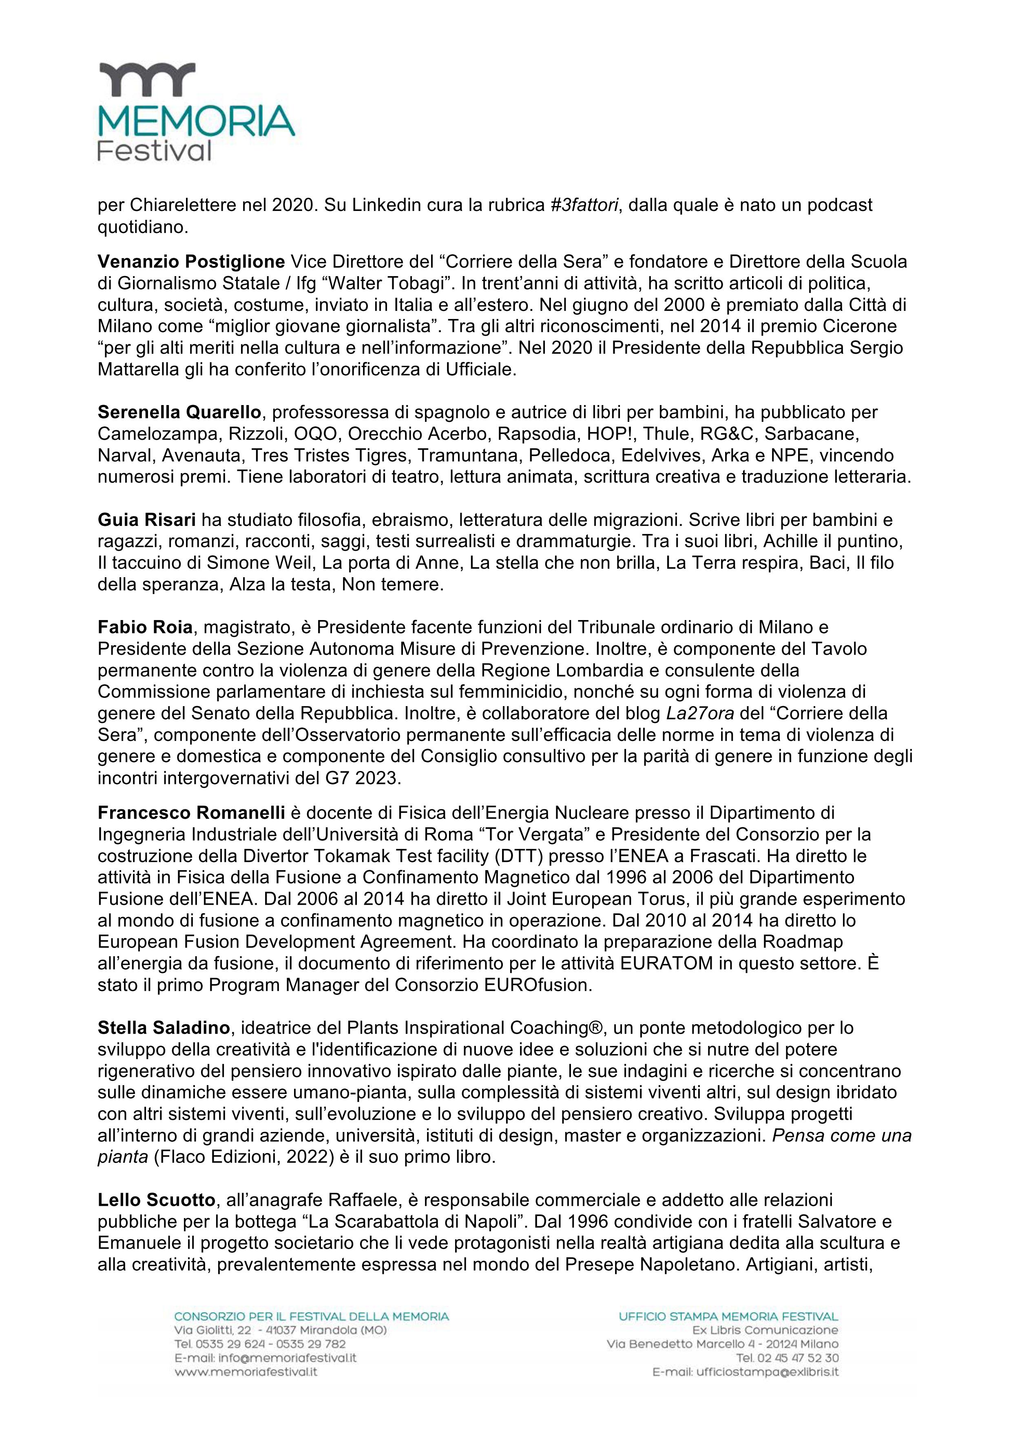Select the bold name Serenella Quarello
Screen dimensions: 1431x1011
pos(180,412)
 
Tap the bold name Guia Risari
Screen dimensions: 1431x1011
pos(147,519)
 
